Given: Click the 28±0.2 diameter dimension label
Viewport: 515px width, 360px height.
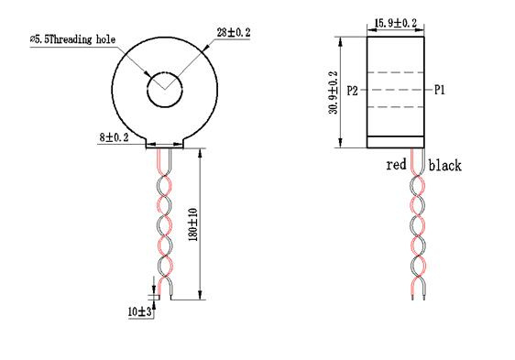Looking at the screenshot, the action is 234,32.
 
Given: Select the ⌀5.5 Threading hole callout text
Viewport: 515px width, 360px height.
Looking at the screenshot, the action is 72,39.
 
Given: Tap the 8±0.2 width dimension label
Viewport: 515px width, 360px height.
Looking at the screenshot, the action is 114,137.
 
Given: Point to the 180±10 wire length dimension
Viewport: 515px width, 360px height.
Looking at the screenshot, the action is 193,224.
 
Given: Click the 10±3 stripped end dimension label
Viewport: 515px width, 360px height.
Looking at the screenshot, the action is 140,311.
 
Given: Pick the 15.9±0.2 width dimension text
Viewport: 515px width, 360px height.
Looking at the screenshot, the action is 396,23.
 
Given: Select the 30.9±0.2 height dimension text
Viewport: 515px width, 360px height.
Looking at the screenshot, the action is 333,93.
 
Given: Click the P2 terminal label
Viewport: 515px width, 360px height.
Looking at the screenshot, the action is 352,91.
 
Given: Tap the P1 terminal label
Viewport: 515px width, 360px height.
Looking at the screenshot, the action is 440,90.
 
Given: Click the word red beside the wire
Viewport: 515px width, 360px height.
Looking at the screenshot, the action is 396,164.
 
